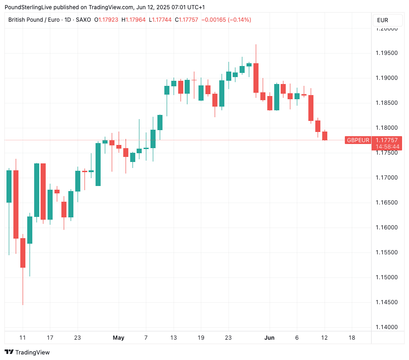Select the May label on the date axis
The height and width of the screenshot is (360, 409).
point(119,338)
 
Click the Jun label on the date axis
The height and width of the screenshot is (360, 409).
point(270,338)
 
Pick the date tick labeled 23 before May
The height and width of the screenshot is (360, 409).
point(78,338)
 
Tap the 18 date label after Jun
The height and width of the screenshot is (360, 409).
point(352,338)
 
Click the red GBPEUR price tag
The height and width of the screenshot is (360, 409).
point(358,140)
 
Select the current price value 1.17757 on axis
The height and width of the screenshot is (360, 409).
point(387,140)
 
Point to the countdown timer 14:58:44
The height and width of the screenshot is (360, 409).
point(387,147)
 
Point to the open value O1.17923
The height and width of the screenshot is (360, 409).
point(106,20)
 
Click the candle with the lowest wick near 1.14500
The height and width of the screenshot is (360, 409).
point(23,252)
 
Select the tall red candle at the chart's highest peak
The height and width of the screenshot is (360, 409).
point(256,78)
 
